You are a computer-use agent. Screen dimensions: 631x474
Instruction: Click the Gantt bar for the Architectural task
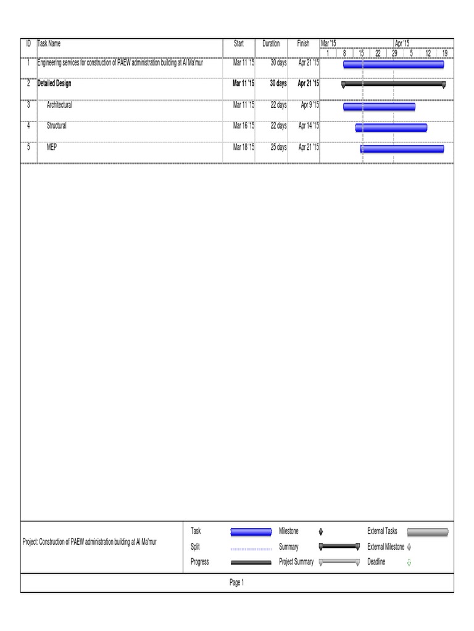click(379, 107)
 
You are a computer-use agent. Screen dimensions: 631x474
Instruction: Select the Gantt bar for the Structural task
click(391, 128)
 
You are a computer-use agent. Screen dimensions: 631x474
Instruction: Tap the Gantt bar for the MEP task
click(402, 149)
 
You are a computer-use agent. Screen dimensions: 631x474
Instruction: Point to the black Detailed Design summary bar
click(393, 84)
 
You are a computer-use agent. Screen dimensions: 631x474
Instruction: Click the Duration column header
click(271, 44)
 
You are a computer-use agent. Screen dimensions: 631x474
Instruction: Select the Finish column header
click(303, 44)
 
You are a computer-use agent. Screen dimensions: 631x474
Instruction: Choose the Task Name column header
click(49, 44)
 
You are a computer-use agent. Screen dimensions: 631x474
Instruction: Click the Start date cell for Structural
click(243, 126)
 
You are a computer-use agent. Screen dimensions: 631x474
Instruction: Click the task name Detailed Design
click(54, 83)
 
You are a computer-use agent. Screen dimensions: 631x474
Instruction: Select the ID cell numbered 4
click(28, 126)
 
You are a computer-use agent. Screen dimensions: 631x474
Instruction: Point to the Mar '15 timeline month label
click(328, 43)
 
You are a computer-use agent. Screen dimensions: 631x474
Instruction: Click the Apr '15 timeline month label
click(402, 43)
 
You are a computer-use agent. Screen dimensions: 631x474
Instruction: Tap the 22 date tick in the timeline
click(378, 53)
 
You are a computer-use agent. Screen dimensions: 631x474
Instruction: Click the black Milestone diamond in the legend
click(321, 532)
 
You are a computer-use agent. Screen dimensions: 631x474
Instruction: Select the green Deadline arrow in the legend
click(409, 562)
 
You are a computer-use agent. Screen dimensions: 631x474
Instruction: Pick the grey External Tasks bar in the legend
click(428, 532)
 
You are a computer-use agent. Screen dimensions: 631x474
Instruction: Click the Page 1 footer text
click(237, 582)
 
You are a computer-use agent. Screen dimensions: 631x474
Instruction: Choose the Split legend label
click(195, 547)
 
